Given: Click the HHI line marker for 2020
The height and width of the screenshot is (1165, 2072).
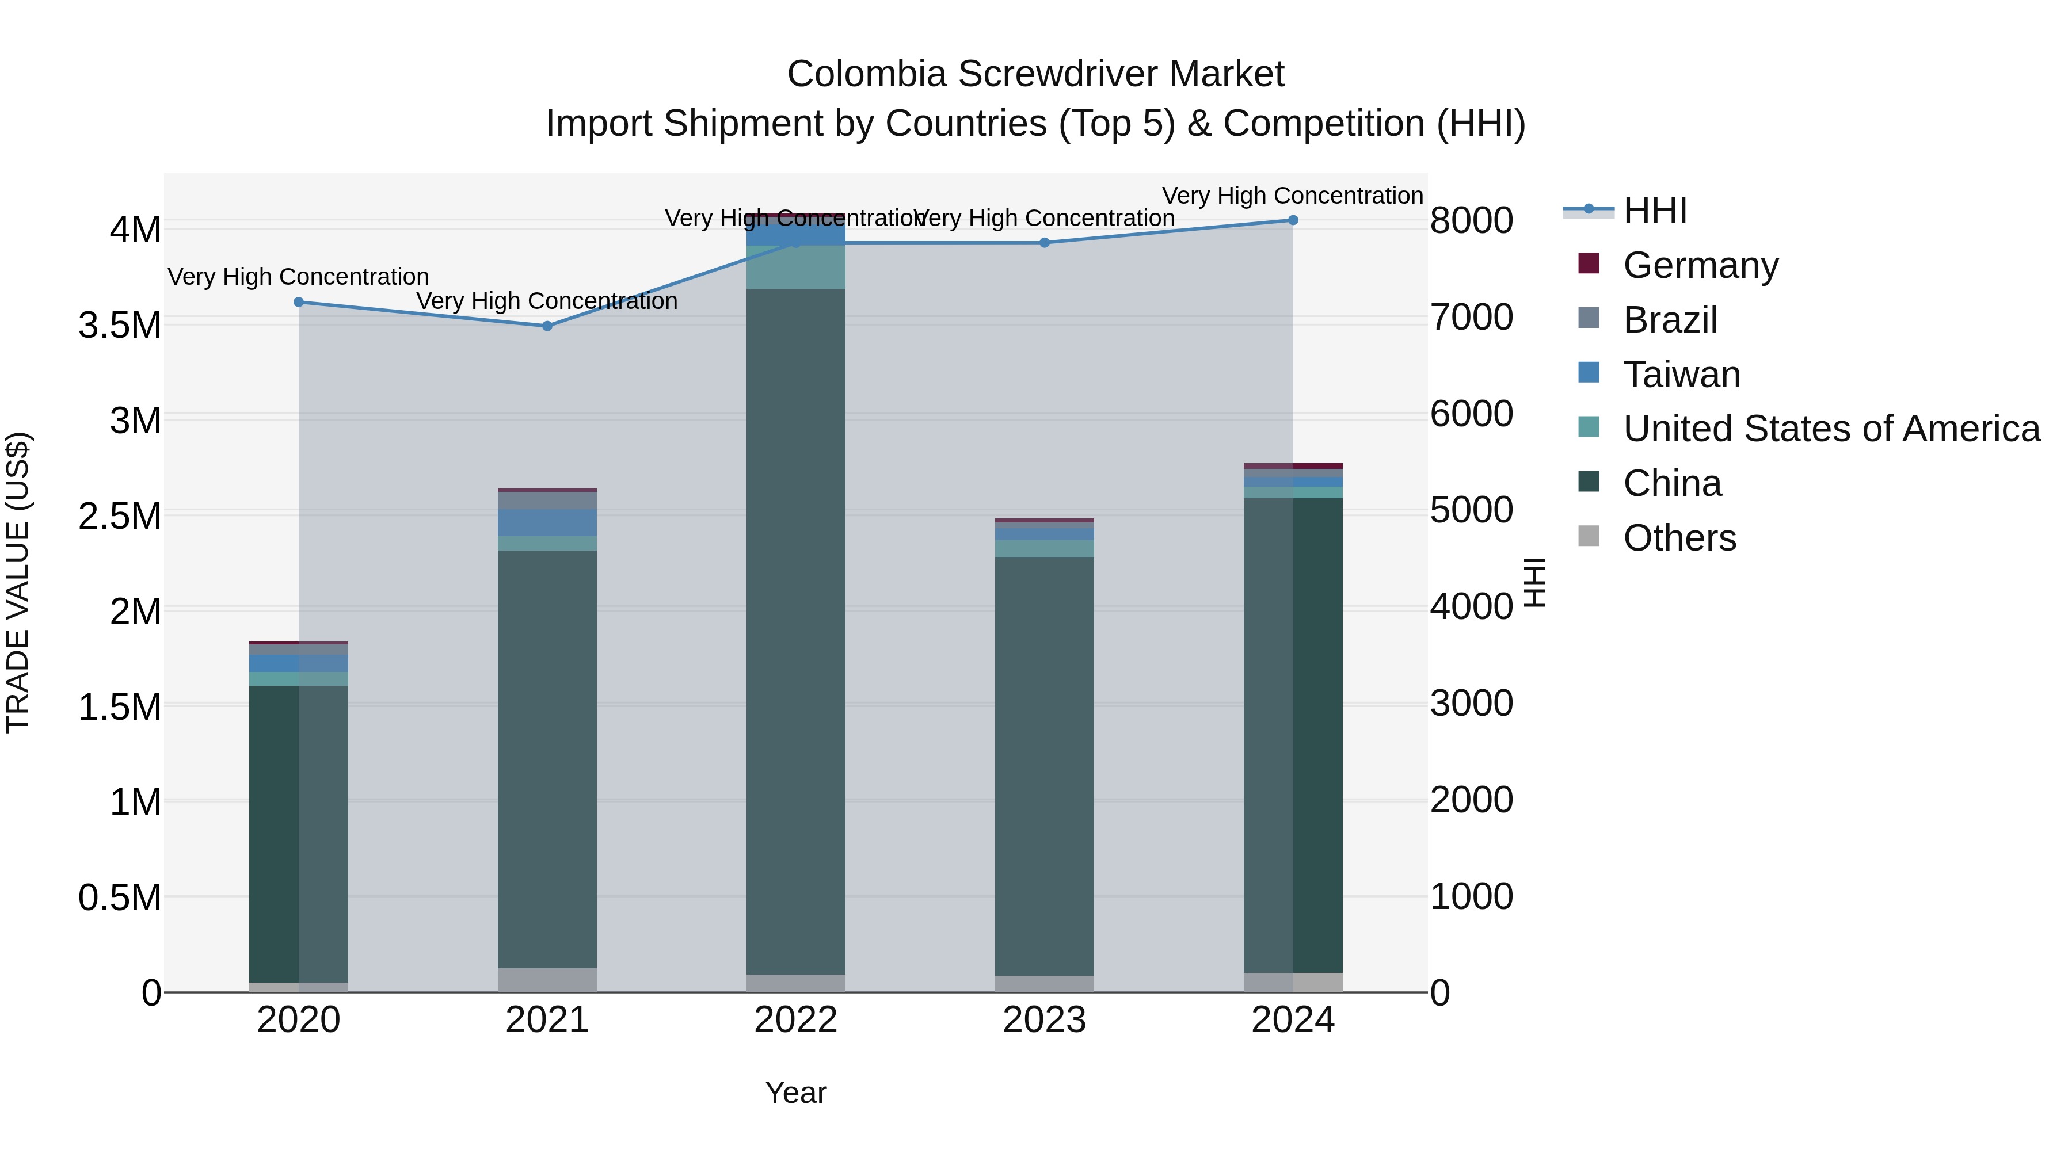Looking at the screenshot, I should [298, 302].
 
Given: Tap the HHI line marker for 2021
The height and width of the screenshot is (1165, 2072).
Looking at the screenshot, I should [547, 326].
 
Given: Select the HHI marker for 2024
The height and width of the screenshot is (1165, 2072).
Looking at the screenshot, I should [1293, 220].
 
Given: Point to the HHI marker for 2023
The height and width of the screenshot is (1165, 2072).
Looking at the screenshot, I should [1044, 243].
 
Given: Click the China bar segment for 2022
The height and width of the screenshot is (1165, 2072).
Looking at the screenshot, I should [795, 631].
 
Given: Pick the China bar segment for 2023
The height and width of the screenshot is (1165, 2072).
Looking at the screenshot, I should [1044, 766].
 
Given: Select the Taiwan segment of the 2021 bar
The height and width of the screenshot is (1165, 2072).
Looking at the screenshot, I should [547, 522].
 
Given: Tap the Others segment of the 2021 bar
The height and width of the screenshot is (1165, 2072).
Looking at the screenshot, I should [547, 980].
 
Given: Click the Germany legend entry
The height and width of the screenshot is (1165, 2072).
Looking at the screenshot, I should [1700, 265].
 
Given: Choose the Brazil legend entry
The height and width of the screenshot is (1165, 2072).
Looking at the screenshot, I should [1670, 320].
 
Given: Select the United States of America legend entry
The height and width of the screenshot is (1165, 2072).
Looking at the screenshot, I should [1831, 429].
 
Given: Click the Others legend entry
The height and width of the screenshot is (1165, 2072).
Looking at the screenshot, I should [1679, 538].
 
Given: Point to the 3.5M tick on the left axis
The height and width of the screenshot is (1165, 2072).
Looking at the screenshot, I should [120, 326].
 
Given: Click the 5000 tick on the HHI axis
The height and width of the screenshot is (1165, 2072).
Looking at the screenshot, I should [1471, 510].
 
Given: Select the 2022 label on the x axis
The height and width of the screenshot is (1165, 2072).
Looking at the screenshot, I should [795, 1020].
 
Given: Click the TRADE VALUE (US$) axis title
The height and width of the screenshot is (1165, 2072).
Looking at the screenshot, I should [18, 582].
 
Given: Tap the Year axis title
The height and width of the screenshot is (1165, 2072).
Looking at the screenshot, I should [795, 1093].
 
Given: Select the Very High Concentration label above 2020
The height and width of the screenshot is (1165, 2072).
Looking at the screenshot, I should [298, 277].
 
